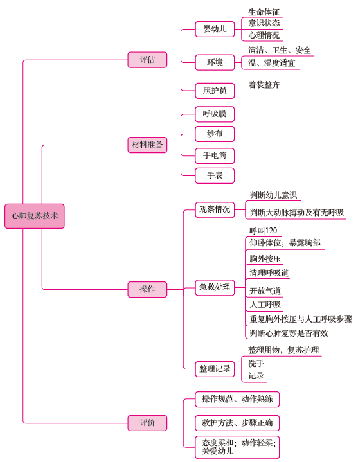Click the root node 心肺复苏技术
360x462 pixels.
(35, 216)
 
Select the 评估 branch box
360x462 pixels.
(147, 60)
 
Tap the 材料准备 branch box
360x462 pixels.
(147, 145)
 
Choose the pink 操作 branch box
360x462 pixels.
(147, 289)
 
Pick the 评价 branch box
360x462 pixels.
(147, 423)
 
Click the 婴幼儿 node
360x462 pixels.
(215, 29)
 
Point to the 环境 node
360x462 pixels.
(215, 62)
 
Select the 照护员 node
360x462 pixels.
(215, 91)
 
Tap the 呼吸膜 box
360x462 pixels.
(215, 114)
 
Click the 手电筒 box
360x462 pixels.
(215, 155)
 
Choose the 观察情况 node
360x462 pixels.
(215, 209)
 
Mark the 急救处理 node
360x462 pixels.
(215, 287)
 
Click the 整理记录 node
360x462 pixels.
(215, 369)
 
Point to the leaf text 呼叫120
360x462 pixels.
(264, 231)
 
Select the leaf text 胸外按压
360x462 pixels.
(265, 259)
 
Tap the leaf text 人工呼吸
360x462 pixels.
(265, 305)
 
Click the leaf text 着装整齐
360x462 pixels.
(264, 85)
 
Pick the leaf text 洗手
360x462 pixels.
(256, 363)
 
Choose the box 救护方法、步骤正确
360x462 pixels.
(237, 423)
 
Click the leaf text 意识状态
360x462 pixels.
(264, 23)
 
